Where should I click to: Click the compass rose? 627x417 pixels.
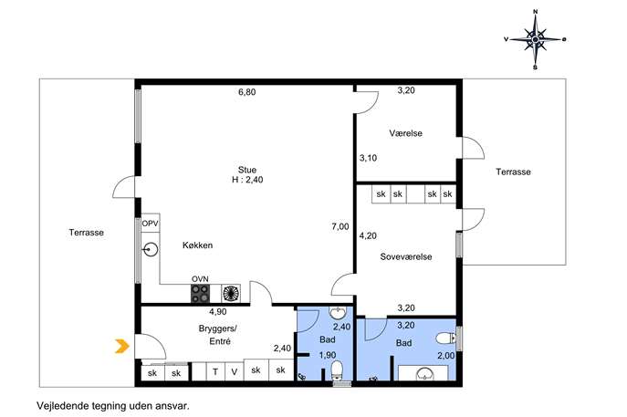click(x=536, y=39)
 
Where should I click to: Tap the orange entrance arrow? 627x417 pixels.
click(x=122, y=346)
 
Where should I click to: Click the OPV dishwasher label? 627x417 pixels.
click(x=151, y=224)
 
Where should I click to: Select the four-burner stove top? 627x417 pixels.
click(x=200, y=294)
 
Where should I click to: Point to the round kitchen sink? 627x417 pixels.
click(x=151, y=250)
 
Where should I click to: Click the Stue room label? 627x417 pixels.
click(x=247, y=170)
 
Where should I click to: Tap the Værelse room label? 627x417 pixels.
click(x=405, y=133)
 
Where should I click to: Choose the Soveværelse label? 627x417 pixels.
click(x=406, y=256)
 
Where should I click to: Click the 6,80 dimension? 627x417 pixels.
click(x=247, y=92)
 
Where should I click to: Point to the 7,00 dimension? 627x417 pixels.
click(x=340, y=226)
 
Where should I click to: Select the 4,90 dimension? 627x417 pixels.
click(x=218, y=311)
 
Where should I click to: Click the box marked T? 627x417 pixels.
click(x=215, y=372)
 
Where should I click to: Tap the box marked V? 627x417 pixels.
click(x=235, y=372)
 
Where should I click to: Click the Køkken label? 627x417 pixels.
click(x=197, y=245)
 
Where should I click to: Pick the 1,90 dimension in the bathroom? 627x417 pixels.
click(x=327, y=355)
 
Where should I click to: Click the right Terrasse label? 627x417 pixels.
click(x=514, y=172)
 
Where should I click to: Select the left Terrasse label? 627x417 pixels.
click(x=87, y=233)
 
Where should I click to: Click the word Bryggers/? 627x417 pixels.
click(x=218, y=328)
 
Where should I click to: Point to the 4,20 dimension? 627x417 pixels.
click(x=368, y=236)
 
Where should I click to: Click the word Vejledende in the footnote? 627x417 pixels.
click(x=60, y=406)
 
